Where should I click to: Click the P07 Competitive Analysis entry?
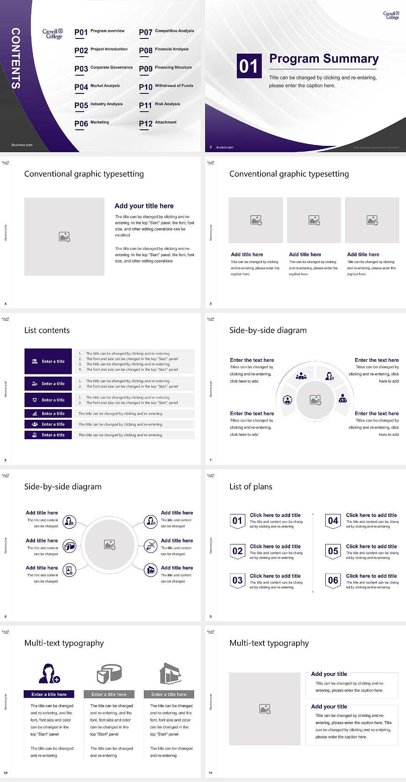click(167, 32)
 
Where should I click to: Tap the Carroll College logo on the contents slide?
click(52, 34)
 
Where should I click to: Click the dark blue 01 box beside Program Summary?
click(249, 66)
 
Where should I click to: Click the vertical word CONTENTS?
click(16, 58)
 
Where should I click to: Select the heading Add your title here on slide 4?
click(144, 206)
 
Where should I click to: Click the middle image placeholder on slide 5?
click(314, 220)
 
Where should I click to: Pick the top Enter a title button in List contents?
click(48, 361)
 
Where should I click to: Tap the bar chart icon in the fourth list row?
click(35, 413)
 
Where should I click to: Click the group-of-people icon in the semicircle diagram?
click(301, 375)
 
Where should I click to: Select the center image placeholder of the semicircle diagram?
click(315, 400)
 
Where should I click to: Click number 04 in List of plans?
click(333, 521)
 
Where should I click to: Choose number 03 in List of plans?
click(238, 580)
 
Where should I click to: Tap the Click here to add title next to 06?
click(371, 576)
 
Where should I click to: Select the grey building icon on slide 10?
click(170, 673)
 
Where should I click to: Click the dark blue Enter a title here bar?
click(49, 694)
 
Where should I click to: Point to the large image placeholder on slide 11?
click(265, 709)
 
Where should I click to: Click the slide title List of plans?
click(251, 487)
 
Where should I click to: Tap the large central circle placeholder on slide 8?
click(110, 544)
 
